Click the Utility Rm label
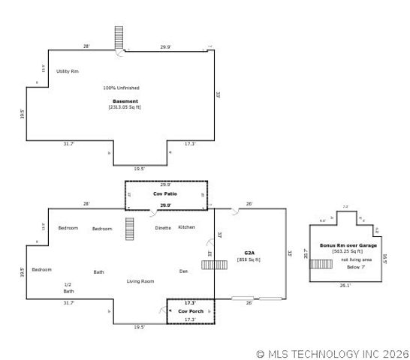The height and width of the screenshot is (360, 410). point(68,70)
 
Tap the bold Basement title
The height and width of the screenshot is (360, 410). point(125,101)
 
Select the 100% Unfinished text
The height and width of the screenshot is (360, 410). point(121,88)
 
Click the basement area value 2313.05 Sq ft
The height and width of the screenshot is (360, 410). point(125,107)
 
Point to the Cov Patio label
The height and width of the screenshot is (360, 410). point(165,193)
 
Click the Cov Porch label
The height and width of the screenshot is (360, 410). point(190,310)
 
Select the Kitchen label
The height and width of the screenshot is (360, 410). point(187,226)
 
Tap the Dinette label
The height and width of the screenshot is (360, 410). point(163,227)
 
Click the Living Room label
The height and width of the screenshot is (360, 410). point(140,281)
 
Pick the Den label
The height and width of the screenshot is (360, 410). point(183,271)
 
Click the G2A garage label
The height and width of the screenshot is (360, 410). point(249,253)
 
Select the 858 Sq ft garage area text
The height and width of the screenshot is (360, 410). point(249,259)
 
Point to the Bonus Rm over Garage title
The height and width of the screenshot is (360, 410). point(348,245)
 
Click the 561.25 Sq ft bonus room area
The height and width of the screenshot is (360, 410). point(348,252)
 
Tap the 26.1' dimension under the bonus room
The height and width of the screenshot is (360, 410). point(345,285)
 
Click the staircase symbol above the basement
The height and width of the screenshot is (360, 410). point(119,37)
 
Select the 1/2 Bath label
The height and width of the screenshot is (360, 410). point(68,287)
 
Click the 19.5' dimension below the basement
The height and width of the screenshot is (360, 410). point(140,169)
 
